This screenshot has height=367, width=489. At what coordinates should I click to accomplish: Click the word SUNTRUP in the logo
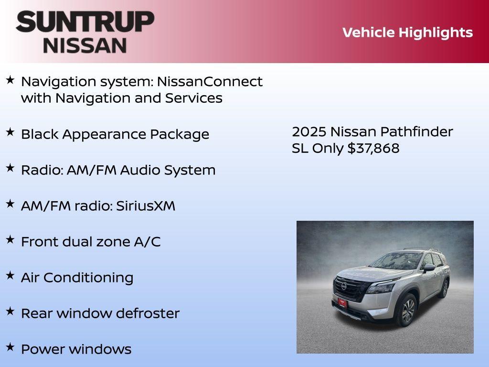point(85,22)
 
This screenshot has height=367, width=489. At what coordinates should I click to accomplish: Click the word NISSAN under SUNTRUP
point(85,45)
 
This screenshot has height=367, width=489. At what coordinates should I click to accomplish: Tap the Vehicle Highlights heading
point(407,32)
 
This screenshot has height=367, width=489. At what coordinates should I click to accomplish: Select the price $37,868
point(373,148)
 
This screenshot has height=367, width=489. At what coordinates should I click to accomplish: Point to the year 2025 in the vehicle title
point(309,132)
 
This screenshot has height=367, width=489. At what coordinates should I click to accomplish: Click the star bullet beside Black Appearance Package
point(10,132)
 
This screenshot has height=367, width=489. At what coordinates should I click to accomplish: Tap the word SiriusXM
point(146,206)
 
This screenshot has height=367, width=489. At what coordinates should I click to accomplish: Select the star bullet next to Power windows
point(10,347)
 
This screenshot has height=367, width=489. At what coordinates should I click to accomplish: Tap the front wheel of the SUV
point(407,311)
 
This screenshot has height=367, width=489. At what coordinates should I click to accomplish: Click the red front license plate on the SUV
point(343,302)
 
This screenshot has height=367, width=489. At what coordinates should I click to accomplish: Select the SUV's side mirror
point(428,268)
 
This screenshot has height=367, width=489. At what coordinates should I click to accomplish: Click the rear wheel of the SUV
point(445,289)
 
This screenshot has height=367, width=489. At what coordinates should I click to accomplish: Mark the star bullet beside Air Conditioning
point(10,276)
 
